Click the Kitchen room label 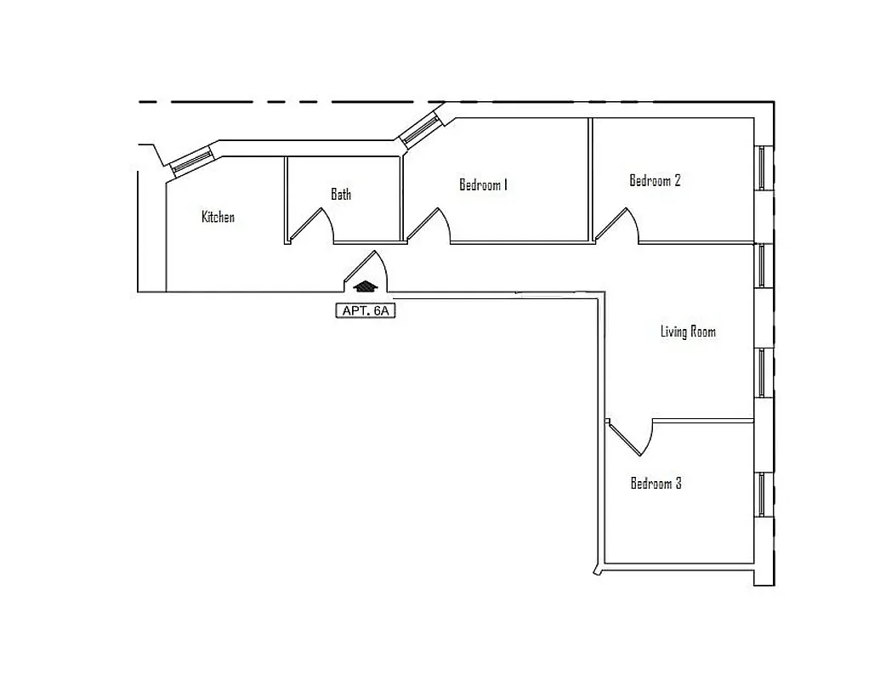(x=218, y=217)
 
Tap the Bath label (x=341, y=195)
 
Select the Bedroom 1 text (x=483, y=184)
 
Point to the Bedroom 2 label (x=655, y=180)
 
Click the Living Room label (x=688, y=331)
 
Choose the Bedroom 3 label (x=656, y=484)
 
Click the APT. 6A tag (x=366, y=311)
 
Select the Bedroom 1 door (x=429, y=225)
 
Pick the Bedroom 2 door (x=618, y=225)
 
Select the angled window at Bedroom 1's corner (x=420, y=130)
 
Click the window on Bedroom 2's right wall (x=763, y=167)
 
